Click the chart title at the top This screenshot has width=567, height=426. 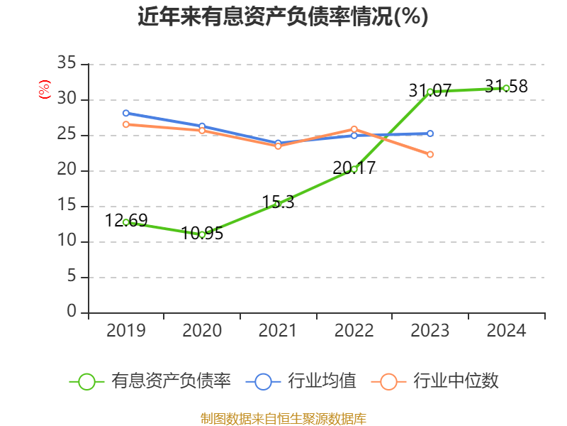(283, 16)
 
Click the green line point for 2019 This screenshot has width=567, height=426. (126, 222)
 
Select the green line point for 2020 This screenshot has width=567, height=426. (202, 234)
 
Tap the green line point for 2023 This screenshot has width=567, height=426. (430, 92)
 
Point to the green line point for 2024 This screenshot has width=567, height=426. (506, 88)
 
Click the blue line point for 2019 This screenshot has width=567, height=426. (126, 113)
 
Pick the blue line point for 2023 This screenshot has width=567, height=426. (430, 133)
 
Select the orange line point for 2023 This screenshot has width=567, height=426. (430, 154)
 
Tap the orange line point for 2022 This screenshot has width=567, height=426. (354, 129)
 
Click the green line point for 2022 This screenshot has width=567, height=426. (354, 169)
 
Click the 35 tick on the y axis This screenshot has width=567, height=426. (67, 64)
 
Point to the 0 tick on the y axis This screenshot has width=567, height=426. (72, 312)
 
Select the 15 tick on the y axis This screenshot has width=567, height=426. (67, 206)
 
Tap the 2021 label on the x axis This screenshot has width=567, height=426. (278, 331)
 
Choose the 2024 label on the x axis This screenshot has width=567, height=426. (506, 331)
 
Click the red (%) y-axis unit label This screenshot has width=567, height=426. (45, 89)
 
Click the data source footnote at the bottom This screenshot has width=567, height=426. (283, 418)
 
